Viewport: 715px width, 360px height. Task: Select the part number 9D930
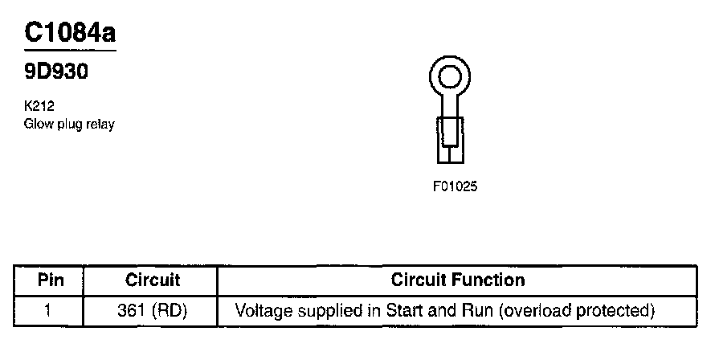tap(55, 72)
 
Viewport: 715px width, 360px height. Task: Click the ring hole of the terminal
tap(449, 77)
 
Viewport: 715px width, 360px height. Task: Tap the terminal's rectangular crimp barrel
tap(449, 133)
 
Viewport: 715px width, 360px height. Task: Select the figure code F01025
tap(456, 186)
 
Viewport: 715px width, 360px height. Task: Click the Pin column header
tap(50, 280)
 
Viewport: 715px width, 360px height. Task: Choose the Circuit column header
tap(153, 280)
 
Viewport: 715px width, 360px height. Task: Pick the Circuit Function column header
tap(457, 280)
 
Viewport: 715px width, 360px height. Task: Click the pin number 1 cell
tap(48, 309)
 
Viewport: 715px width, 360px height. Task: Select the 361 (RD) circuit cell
tap(153, 309)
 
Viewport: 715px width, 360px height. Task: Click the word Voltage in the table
tap(260, 309)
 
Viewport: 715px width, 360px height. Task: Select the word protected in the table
tap(619, 309)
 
